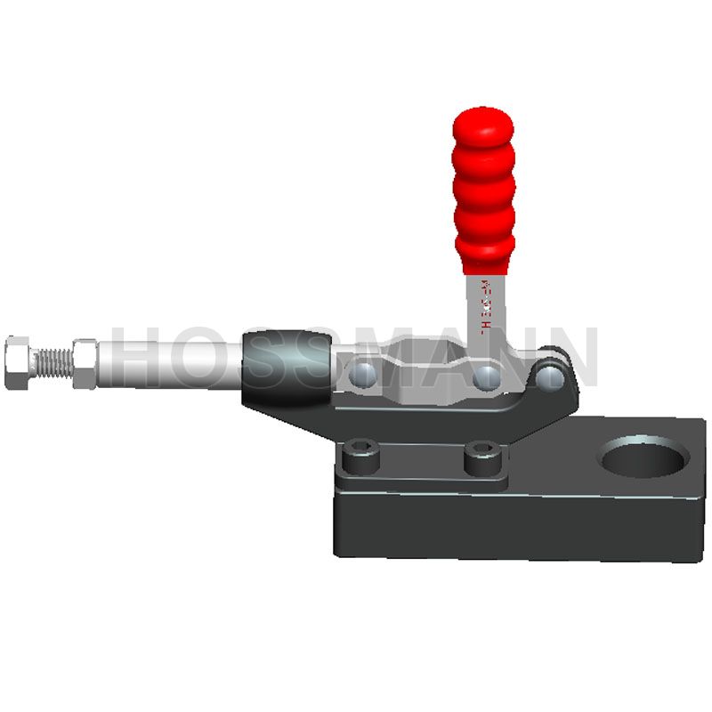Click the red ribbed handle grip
coord(483,191)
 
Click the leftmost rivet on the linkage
coord(363,376)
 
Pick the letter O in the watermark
coord(214,356)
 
